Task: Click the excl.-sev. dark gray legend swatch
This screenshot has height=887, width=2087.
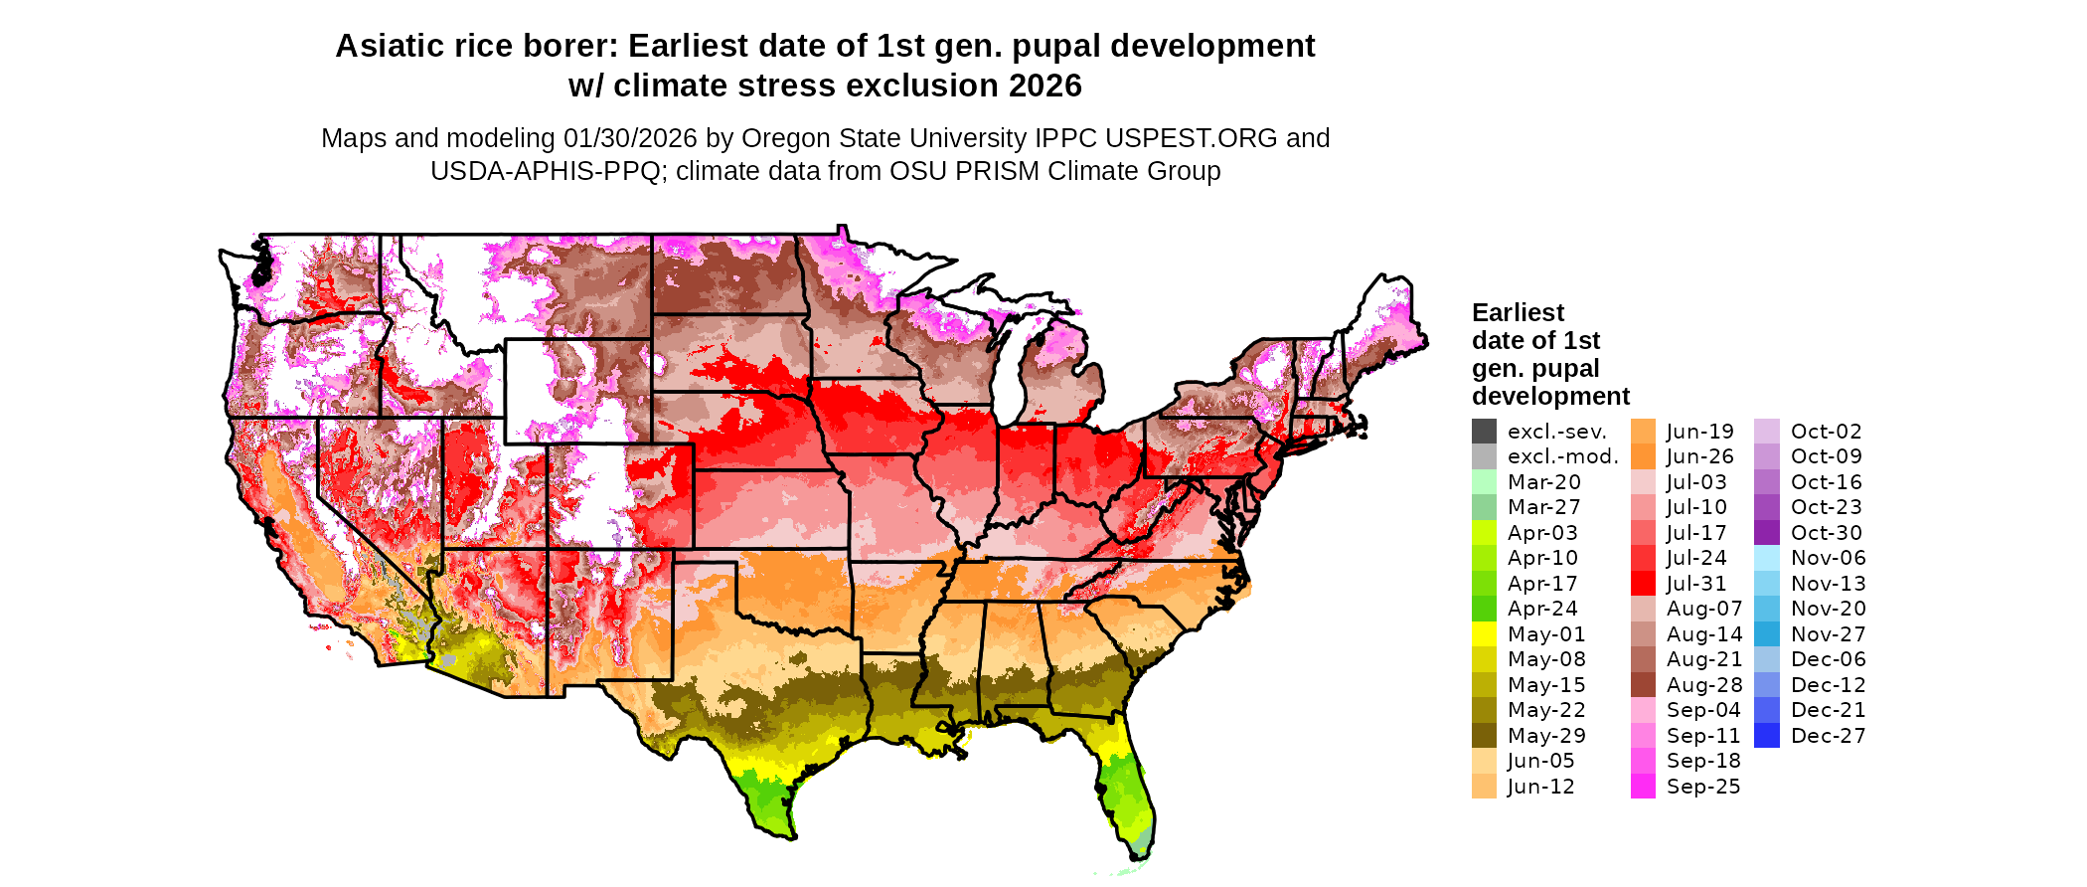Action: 1484,432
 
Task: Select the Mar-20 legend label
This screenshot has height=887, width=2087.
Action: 1543,482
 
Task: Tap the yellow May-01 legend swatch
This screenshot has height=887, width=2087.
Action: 1484,634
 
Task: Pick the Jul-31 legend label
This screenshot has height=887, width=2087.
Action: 1696,584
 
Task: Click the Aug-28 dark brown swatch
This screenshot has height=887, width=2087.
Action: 1643,685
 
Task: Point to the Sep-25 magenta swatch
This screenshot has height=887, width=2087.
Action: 1643,787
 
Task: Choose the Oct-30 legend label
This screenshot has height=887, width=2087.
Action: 1826,533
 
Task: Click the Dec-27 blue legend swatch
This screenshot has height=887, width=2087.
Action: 1767,736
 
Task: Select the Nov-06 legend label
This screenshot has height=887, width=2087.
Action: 1828,558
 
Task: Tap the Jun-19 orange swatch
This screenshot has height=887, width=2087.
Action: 1643,432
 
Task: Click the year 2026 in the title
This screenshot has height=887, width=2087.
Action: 1044,87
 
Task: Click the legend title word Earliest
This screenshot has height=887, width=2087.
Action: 1518,313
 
